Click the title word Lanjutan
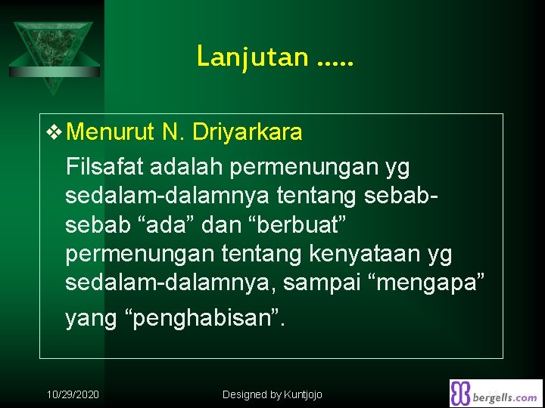pos(252,57)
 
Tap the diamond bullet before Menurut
pos(55,133)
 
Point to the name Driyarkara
pos(248,133)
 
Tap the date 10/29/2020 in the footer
pos(73,394)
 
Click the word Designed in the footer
pos(244,394)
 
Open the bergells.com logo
pos(496,393)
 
